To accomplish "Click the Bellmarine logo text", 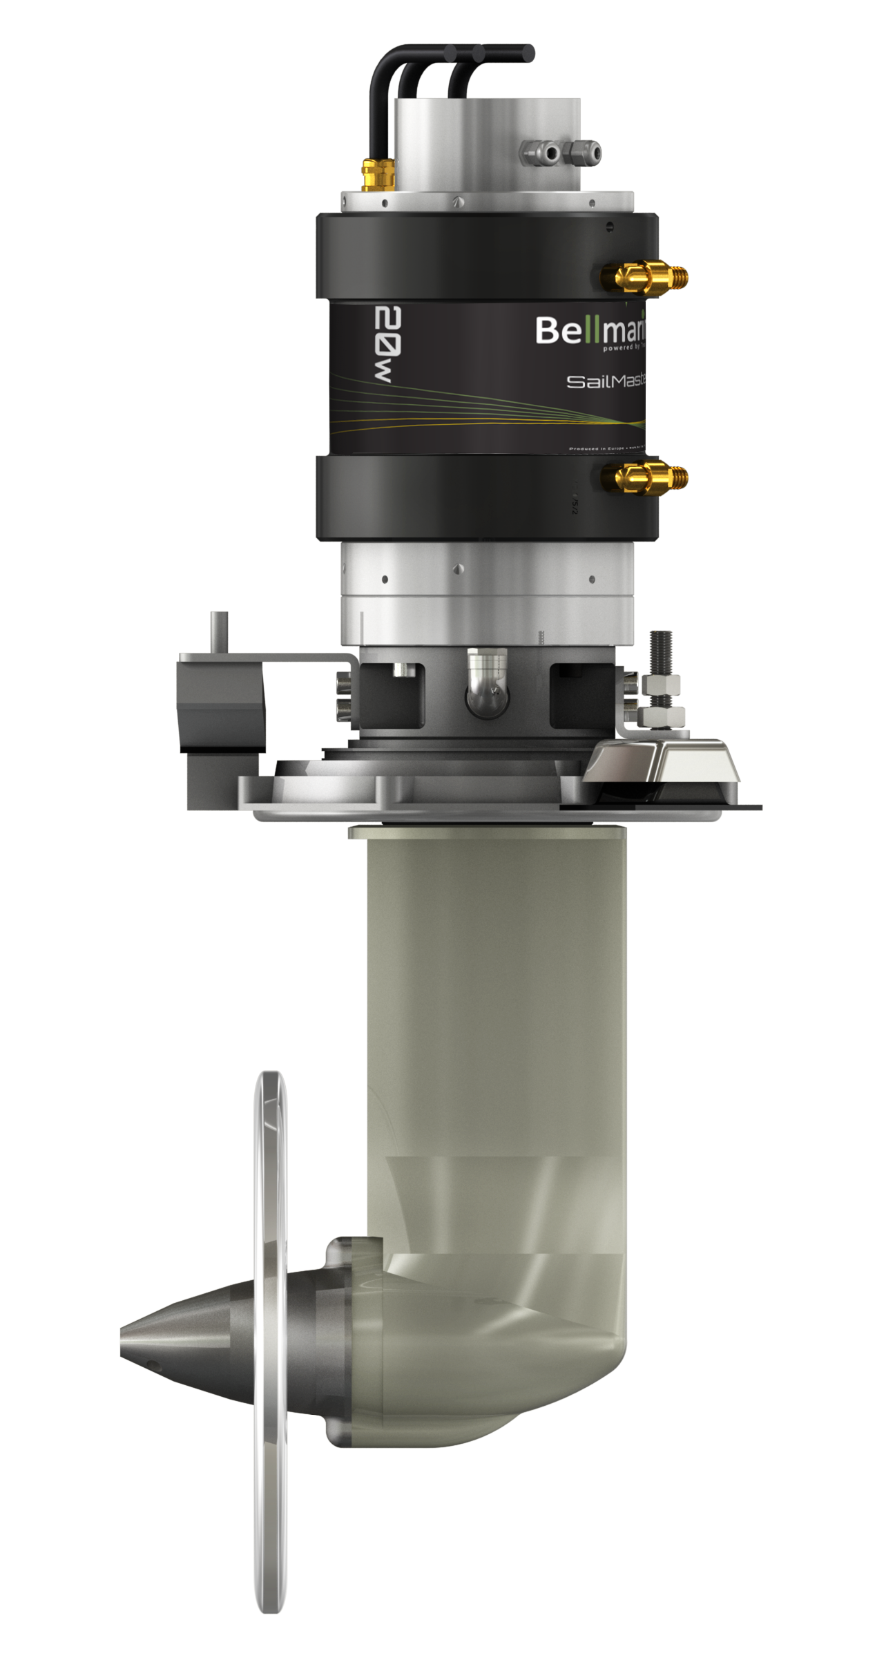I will [590, 331].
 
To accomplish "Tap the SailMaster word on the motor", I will [605, 381].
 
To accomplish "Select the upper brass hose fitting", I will [642, 277].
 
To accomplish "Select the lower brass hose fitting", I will [642, 477].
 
